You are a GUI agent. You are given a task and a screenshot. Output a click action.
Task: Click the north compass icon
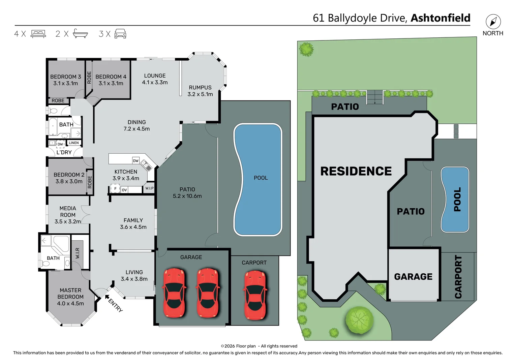click(493, 22)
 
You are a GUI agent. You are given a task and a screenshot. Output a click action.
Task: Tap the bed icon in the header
click(38, 34)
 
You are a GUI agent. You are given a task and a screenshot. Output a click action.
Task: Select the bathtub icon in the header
click(80, 34)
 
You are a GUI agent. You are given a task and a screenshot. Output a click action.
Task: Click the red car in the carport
click(255, 295)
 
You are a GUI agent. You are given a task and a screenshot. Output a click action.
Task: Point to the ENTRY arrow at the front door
click(107, 297)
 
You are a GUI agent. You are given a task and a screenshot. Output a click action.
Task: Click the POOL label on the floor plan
click(261, 178)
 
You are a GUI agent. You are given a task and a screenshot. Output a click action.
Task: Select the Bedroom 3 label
click(65, 77)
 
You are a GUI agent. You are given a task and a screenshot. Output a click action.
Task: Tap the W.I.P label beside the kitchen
click(149, 188)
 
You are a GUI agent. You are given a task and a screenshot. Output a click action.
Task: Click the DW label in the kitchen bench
click(135, 161)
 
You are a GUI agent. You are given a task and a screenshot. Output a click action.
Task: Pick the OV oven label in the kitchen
click(124, 190)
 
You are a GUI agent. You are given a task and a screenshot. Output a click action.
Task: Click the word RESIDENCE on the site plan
click(356, 171)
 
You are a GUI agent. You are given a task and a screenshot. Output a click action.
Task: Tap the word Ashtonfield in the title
click(440, 18)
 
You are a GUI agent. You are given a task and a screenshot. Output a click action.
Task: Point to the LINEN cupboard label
click(73, 143)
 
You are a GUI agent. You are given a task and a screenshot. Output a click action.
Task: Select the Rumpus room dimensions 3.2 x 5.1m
click(200, 94)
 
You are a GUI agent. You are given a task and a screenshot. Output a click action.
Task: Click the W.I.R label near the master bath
click(78, 253)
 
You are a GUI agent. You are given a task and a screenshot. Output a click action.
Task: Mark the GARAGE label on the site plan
click(413, 277)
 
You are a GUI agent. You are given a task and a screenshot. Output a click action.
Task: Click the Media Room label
click(68, 212)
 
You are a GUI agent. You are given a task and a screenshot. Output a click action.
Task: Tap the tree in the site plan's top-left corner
click(306, 49)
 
